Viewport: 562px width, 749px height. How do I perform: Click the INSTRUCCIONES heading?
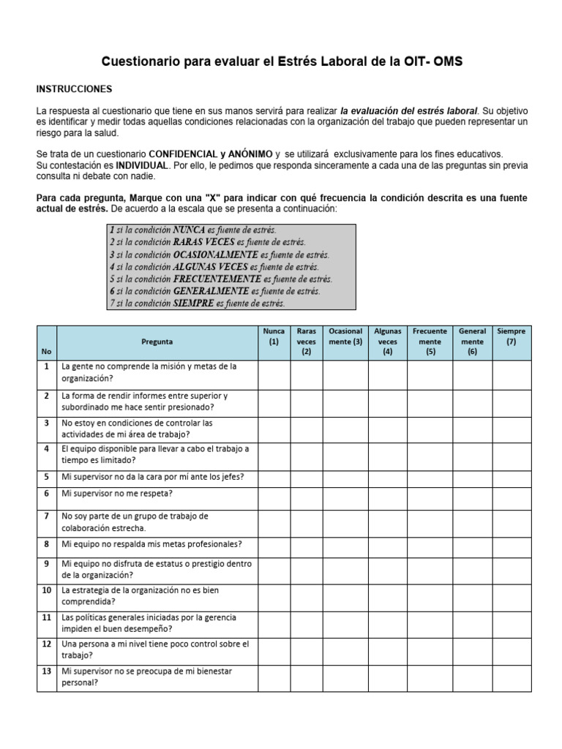pyautogui.click(x=74, y=89)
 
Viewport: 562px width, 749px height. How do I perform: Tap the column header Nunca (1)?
pyautogui.click(x=274, y=336)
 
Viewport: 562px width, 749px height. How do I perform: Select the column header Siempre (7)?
pyautogui.click(x=512, y=336)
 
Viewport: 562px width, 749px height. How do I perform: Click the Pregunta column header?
pyautogui.click(x=157, y=342)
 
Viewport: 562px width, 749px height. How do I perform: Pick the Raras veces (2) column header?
pyautogui.click(x=306, y=342)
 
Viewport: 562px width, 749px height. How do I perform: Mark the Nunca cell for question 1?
pyautogui.click(x=274, y=372)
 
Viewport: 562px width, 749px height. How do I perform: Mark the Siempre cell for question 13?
pyautogui.click(x=512, y=677)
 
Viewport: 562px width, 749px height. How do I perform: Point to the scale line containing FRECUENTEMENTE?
pyautogui.click(x=220, y=279)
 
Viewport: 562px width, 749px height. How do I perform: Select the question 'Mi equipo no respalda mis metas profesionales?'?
pyautogui.click(x=151, y=544)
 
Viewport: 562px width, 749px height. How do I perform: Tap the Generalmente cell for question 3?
pyautogui.click(x=472, y=429)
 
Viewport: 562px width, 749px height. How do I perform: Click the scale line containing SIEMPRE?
pyautogui.click(x=197, y=303)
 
